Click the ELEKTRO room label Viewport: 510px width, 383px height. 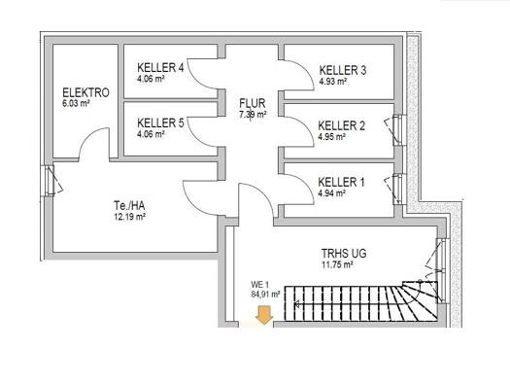point(85,92)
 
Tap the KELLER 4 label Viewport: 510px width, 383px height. point(160,68)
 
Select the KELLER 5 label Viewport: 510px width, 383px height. point(160,123)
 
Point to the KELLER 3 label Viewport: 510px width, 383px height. point(343,70)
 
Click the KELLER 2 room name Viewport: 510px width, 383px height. point(342,125)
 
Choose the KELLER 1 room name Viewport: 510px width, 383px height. point(341,182)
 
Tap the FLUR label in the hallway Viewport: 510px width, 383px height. point(253,103)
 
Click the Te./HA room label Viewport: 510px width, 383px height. point(129,206)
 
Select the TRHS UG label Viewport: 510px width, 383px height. point(344,253)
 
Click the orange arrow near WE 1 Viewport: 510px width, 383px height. point(264,315)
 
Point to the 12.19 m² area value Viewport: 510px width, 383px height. point(129,217)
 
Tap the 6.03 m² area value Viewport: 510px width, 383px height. point(76,104)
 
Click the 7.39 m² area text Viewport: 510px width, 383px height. point(253,115)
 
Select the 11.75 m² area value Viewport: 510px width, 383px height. point(337,264)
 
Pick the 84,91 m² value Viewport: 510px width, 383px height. point(265,295)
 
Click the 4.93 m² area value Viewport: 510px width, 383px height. point(333,82)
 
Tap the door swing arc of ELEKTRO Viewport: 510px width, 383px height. point(88,135)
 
